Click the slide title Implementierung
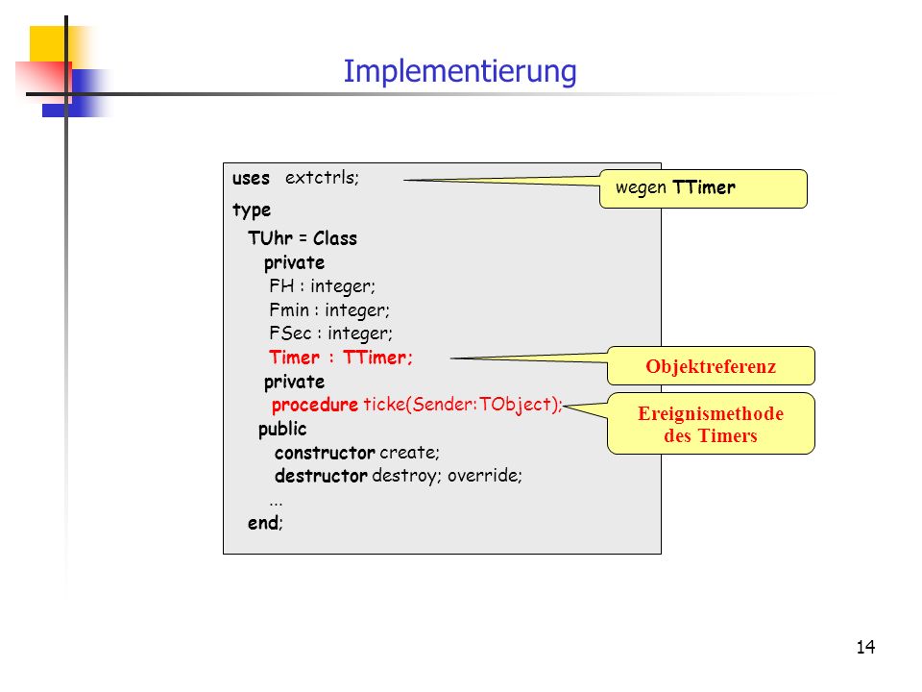click(460, 72)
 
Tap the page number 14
click(865, 647)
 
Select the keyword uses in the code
click(251, 178)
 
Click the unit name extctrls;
click(323, 178)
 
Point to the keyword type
click(252, 210)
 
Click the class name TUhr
click(270, 237)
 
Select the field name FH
click(281, 286)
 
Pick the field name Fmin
click(289, 309)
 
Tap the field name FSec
click(290, 334)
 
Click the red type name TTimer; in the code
click(377, 358)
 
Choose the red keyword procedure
click(315, 405)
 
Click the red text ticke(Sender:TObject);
click(463, 405)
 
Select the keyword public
click(282, 429)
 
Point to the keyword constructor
click(325, 453)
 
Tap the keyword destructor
click(321, 476)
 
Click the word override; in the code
click(484, 476)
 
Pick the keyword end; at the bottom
click(265, 523)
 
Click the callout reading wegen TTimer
click(703, 189)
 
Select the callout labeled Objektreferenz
click(711, 366)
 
